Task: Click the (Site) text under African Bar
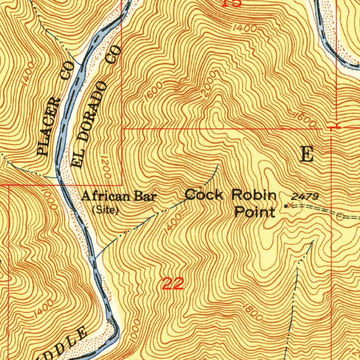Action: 105,210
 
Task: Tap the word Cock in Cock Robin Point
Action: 204,194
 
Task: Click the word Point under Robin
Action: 255,212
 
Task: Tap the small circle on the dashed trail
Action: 340,217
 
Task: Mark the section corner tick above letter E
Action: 333,126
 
